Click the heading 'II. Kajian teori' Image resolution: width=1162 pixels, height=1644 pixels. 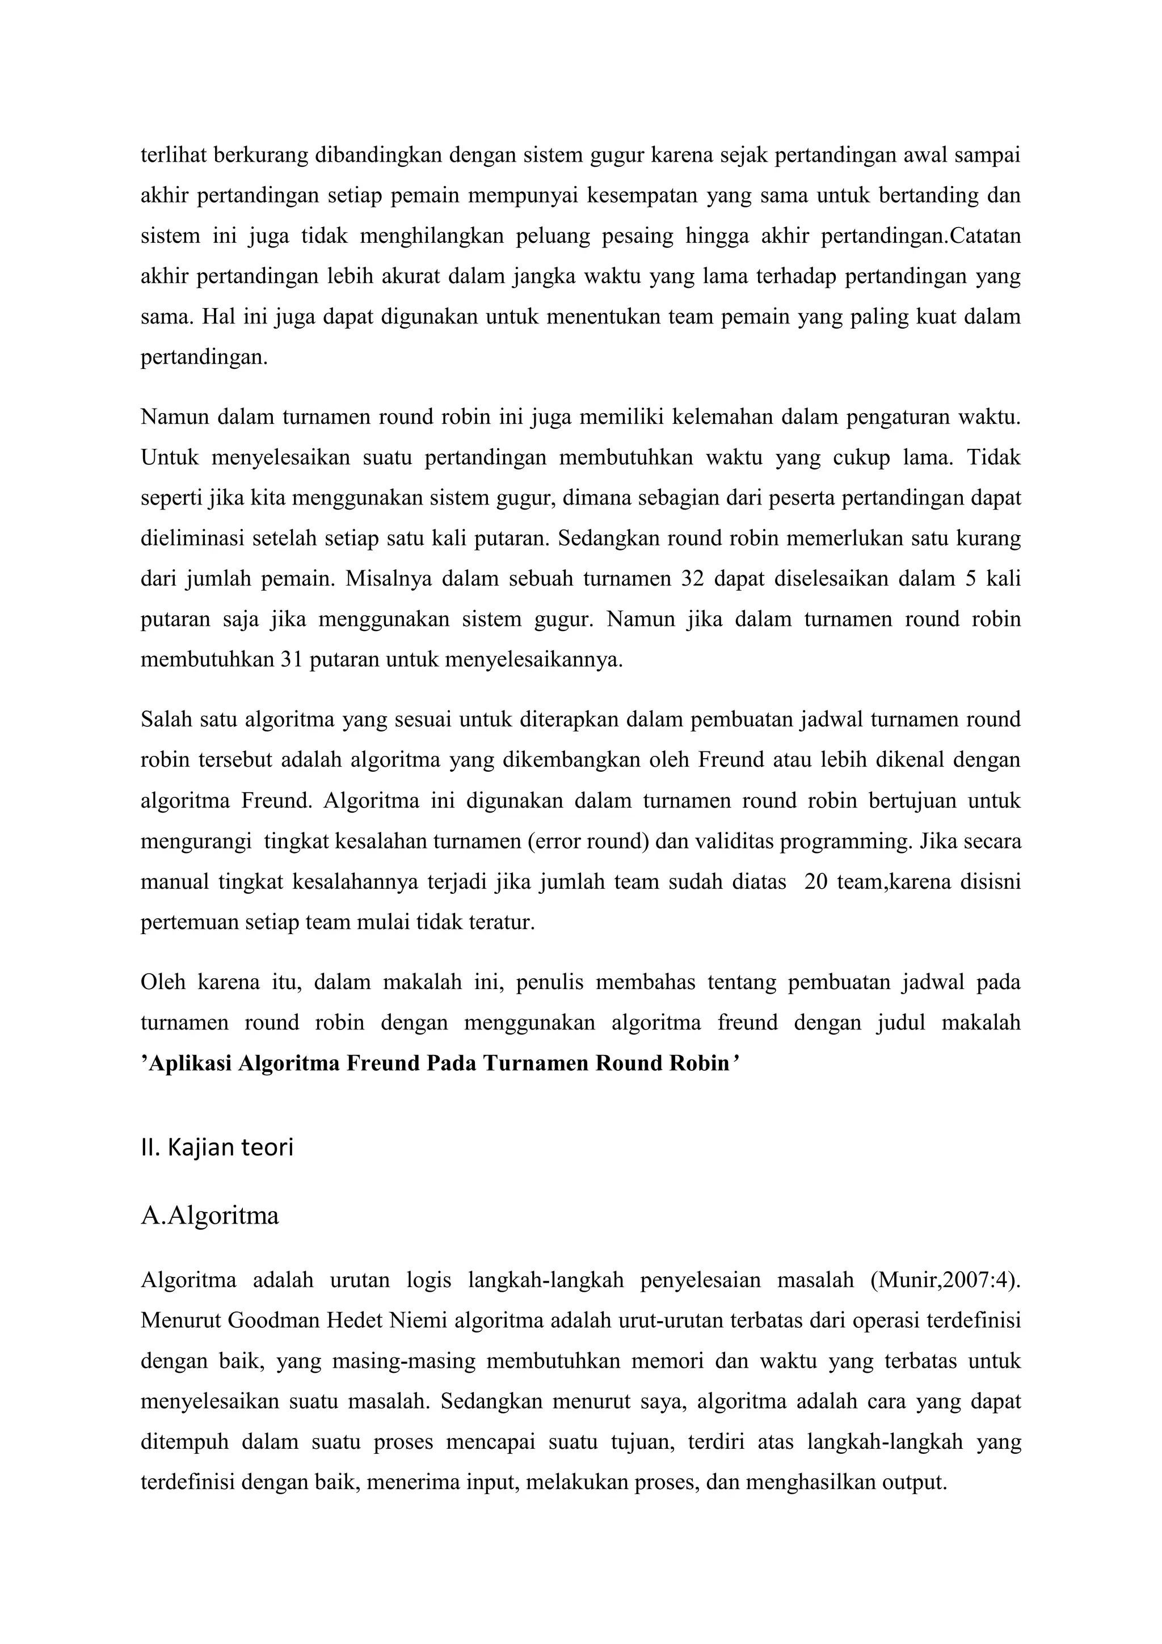(217, 1148)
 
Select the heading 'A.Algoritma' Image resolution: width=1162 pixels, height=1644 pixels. (210, 1216)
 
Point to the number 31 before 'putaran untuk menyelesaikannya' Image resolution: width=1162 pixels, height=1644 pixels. (292, 659)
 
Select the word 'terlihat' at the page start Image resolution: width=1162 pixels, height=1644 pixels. (172, 155)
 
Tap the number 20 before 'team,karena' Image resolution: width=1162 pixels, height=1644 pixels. (815, 881)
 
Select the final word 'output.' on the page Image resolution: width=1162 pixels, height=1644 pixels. (914, 1482)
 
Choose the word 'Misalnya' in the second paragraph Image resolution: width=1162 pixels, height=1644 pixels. (389, 579)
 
